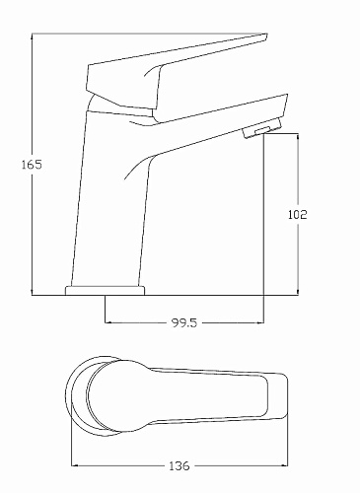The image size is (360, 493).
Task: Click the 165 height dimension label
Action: tap(32, 165)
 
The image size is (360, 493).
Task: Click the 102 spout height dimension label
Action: tap(298, 214)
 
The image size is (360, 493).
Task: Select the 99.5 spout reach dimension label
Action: tap(184, 322)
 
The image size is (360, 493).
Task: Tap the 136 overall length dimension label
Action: tap(180, 465)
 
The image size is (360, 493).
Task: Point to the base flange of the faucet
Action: tap(105, 291)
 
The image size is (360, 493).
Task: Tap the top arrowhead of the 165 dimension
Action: tap(32, 36)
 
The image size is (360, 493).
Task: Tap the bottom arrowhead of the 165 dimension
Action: tap(32, 292)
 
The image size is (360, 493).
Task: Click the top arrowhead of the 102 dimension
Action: tap(298, 136)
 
